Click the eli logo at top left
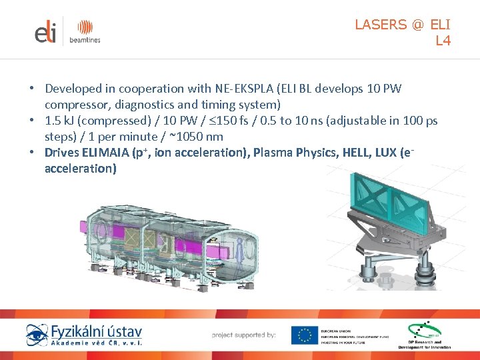[x=46, y=32]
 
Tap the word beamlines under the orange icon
[x=85, y=40]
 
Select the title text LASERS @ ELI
[x=403, y=25]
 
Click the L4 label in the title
[x=443, y=41]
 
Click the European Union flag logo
[x=304, y=335]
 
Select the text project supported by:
[x=243, y=335]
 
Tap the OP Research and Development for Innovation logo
[x=425, y=335]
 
